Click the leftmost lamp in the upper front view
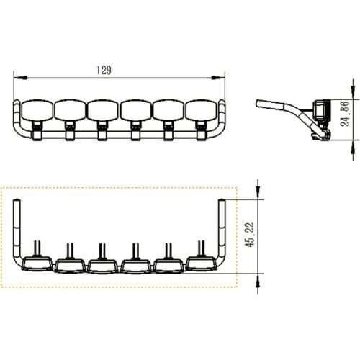37,109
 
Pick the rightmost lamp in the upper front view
201,109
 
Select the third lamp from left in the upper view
103,109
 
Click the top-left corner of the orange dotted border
2,188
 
